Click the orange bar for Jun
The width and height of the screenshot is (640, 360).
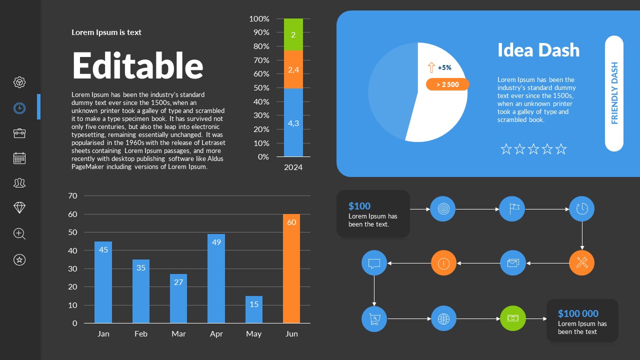click(291, 268)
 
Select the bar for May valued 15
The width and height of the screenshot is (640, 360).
click(254, 309)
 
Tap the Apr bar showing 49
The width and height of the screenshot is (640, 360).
click(216, 278)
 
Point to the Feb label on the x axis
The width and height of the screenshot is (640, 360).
click(141, 334)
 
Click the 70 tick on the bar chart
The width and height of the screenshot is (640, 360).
click(73, 196)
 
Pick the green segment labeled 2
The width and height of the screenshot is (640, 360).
click(293, 34)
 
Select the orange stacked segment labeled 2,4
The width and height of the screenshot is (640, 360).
click(293, 69)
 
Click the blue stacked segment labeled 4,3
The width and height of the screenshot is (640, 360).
click(293, 122)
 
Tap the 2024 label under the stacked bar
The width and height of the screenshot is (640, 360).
click(293, 167)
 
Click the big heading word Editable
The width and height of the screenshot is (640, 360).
click(138, 65)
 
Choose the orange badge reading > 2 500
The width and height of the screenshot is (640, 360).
click(447, 84)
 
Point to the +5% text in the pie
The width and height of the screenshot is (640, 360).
click(444, 67)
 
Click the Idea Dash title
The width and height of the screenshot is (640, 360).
click(538, 50)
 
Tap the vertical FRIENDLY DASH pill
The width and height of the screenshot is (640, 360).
click(614, 93)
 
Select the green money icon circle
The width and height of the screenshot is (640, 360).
click(513, 318)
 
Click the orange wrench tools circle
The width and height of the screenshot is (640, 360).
click(582, 262)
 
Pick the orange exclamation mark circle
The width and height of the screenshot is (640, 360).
click(444, 262)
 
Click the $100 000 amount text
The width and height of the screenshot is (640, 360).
click(578, 313)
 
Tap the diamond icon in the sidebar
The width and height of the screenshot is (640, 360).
click(19, 208)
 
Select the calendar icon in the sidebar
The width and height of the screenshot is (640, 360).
click(19, 158)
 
